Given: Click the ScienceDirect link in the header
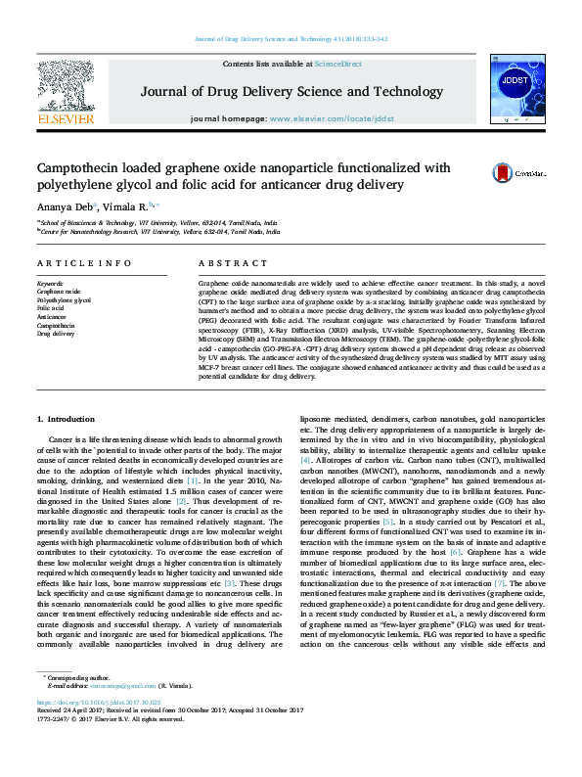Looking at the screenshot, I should [337, 64].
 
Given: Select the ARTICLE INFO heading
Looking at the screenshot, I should [84, 264].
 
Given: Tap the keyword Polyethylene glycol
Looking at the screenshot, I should [64, 300].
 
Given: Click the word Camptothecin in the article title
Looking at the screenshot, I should [82, 167].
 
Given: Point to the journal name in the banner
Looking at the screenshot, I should [291, 92].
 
